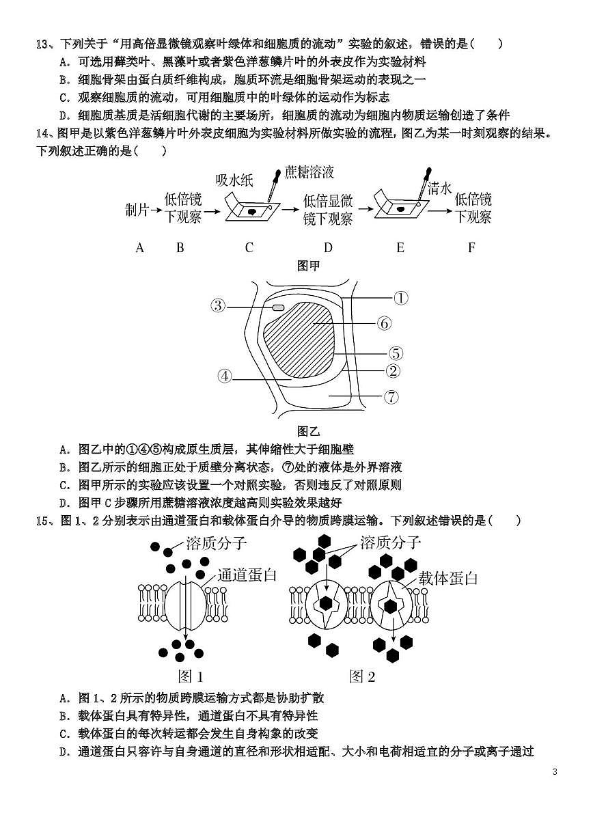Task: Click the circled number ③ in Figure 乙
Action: point(218,305)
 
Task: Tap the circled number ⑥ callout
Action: point(383,323)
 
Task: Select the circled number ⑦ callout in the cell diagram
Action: point(391,396)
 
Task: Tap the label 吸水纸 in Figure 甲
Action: point(234,180)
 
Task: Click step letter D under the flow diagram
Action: point(328,248)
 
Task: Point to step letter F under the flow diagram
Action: point(471,248)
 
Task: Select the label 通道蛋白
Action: point(247,575)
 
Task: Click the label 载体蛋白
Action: point(447,578)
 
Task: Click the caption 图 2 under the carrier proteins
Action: point(362,676)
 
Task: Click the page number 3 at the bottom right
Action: point(555,772)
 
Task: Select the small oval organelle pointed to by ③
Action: point(278,307)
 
